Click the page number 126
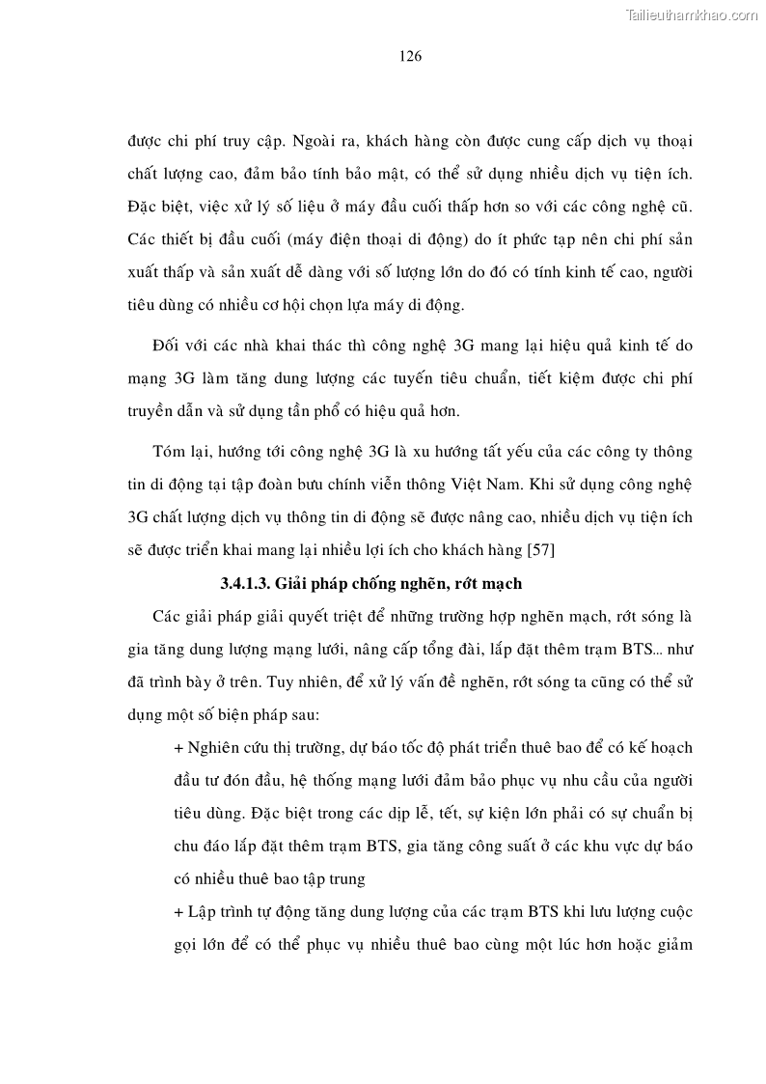pyautogui.click(x=410, y=56)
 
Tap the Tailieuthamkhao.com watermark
pyautogui.click(x=693, y=14)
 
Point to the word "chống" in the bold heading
pyautogui.click(x=395, y=584)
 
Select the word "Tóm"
pyautogui.click(x=170, y=452)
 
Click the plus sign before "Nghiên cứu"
pyautogui.click(x=178, y=749)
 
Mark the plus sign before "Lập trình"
pyautogui.click(x=178, y=912)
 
